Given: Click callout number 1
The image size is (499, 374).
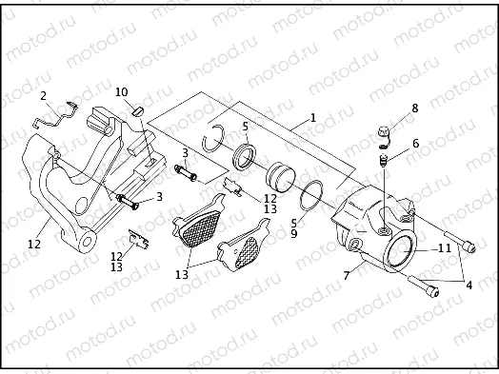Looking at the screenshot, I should point(312,119).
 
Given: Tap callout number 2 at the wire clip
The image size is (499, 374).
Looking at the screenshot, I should point(43,95).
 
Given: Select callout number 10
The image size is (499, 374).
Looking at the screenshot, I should point(122,91).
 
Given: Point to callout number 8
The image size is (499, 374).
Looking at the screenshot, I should point(414,109).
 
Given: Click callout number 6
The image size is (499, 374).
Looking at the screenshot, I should point(415,144).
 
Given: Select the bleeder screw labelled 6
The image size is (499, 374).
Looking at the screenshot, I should point(382,163).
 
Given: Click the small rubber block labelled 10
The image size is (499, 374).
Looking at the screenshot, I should point(135,110).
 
